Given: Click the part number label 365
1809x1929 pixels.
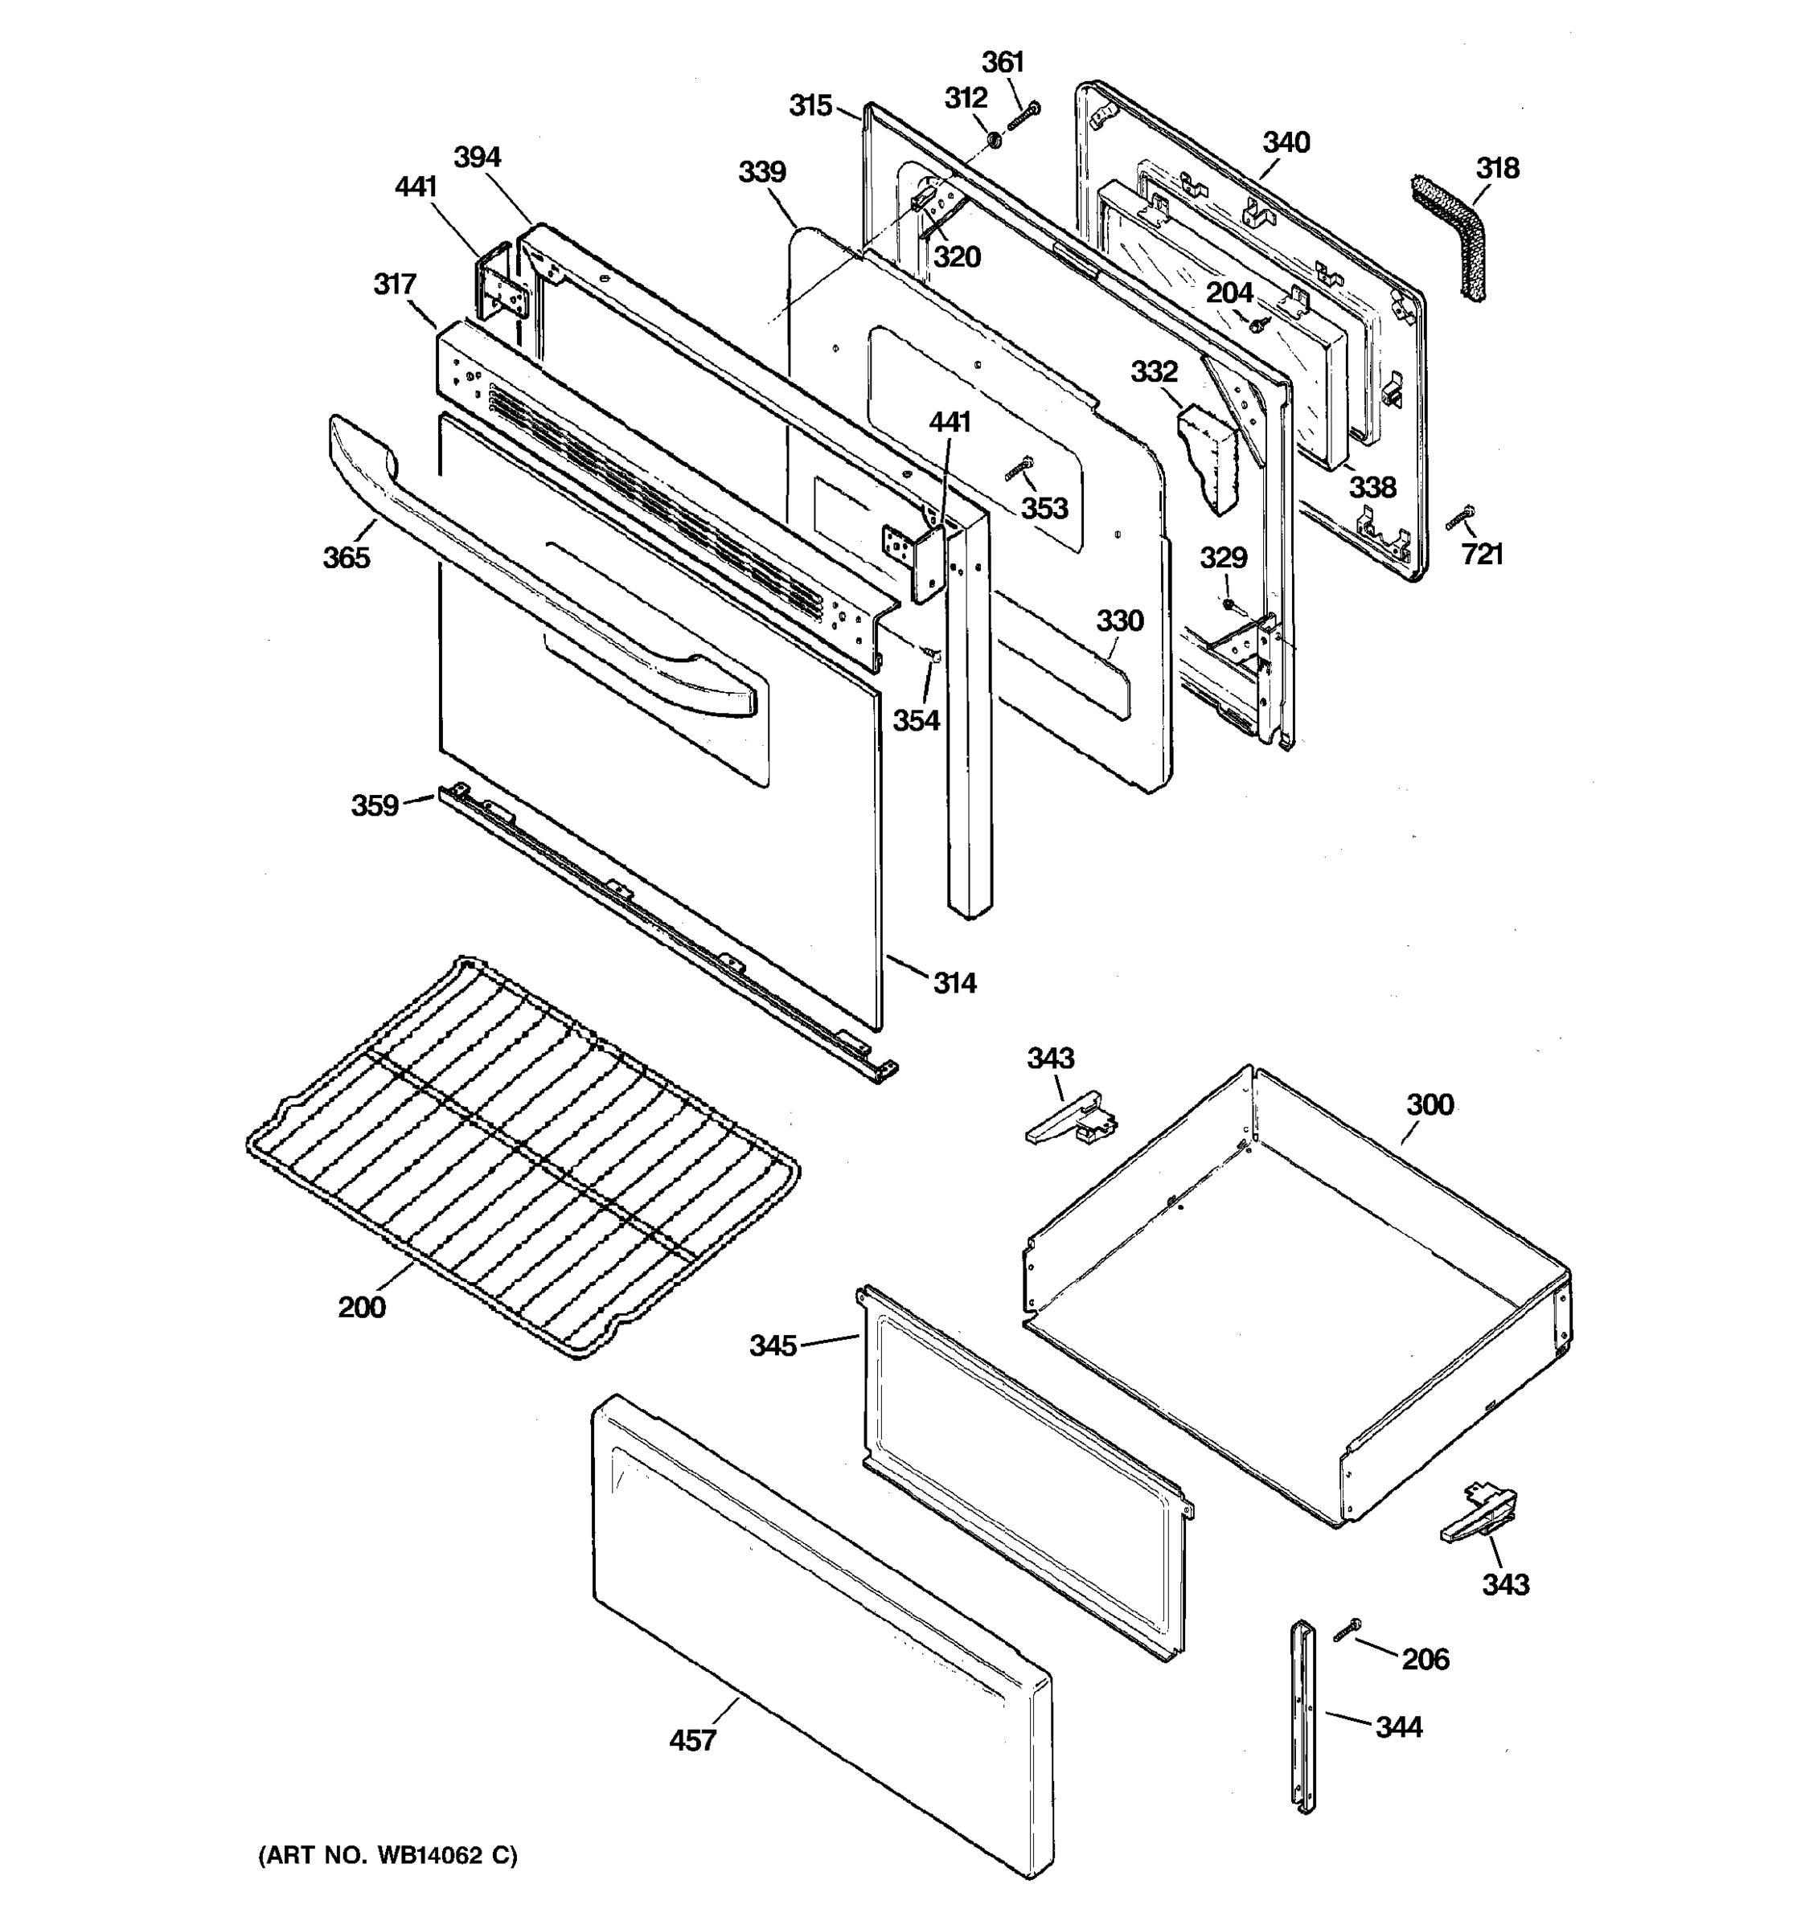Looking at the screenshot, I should tap(347, 557).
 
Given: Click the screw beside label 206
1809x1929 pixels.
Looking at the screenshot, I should tap(1347, 1630).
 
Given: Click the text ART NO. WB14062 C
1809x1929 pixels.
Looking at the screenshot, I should tap(388, 1855).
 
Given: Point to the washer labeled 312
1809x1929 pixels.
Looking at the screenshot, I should tap(995, 141).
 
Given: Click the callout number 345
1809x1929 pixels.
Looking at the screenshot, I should tap(773, 1345).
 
